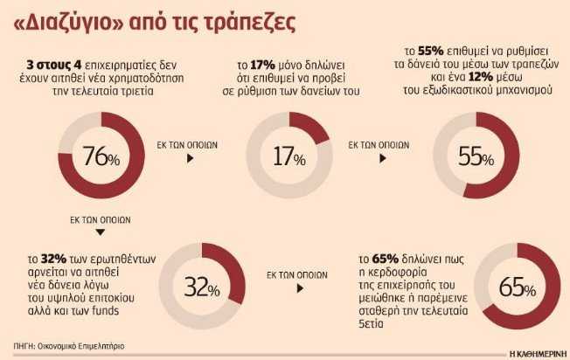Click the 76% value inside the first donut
101,157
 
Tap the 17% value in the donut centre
288,157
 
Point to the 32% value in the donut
202,285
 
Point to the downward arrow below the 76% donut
101,232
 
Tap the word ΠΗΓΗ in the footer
24,345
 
